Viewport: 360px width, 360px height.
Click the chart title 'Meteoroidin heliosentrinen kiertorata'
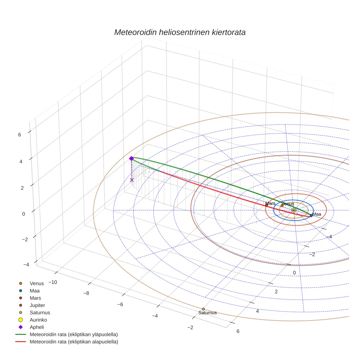(x=180, y=32)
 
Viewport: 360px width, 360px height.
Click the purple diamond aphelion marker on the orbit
(x=131, y=158)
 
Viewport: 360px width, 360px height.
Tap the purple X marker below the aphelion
(x=132, y=180)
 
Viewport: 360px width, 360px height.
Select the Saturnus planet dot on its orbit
(x=203, y=309)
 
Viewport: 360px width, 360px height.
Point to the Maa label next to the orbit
(x=316, y=214)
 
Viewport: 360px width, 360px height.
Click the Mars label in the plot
(x=270, y=203)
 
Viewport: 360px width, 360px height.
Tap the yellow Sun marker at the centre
(x=293, y=210)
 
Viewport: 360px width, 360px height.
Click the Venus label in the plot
(x=288, y=204)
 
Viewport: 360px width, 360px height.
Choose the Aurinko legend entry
(x=38, y=320)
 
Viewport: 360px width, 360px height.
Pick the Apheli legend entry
(x=37, y=327)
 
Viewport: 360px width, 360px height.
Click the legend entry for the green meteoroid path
(x=74, y=334)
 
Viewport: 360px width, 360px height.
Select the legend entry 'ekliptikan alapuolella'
(x=74, y=342)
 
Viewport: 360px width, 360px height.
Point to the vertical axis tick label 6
(x=19, y=134)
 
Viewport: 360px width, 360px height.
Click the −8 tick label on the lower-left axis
(x=86, y=293)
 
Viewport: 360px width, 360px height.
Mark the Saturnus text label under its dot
(x=207, y=313)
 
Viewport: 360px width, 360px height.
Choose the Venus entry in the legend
(x=37, y=283)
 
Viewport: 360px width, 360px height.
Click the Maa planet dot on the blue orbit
(x=311, y=215)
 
